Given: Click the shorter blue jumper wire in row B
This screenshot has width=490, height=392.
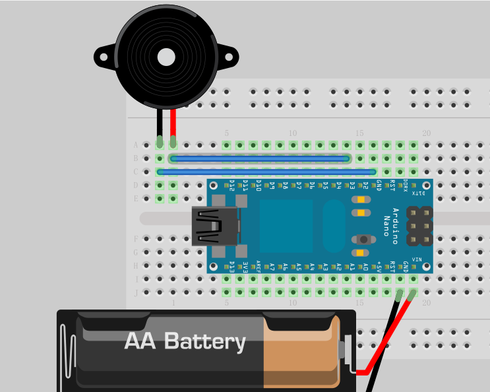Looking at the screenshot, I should click(x=259, y=158).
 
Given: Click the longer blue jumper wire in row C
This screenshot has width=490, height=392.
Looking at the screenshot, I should click(x=266, y=172).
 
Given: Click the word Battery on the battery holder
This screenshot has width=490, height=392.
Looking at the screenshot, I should click(x=204, y=341).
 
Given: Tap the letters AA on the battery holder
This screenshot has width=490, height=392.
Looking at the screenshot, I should click(x=140, y=341).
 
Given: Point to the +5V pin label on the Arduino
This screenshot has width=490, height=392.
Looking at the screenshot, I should click(x=379, y=266).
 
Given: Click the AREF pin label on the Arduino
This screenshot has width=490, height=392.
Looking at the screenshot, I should click(x=259, y=266).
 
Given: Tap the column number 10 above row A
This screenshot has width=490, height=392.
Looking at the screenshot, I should click(x=293, y=133).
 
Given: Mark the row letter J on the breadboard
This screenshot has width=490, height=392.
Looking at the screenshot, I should click(x=136, y=292).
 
